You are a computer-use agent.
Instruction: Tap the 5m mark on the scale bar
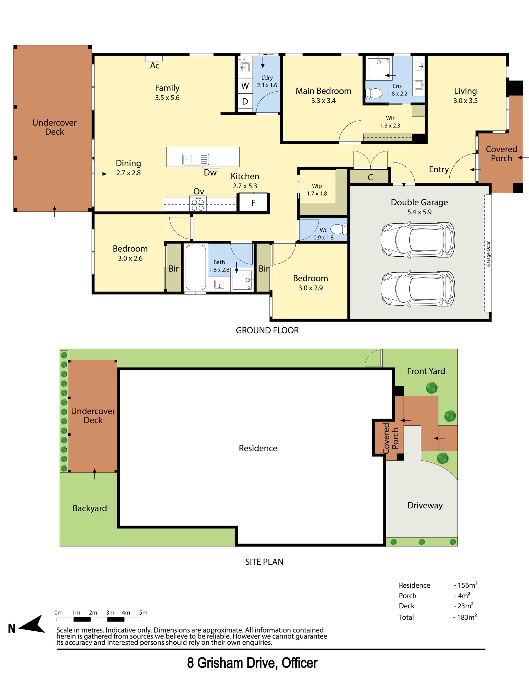point(141,619)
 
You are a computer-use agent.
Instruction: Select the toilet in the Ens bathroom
point(374,93)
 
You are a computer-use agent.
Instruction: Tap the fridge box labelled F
point(253,203)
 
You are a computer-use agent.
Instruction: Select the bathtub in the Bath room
point(196,267)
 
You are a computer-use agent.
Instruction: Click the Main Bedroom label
point(323,91)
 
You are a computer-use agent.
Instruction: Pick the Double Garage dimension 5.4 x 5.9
point(419,212)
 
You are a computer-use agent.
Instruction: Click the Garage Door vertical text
point(488,254)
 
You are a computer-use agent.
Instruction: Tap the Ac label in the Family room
point(155,66)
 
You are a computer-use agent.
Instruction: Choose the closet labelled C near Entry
point(370,177)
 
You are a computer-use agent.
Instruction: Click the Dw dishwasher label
point(210,173)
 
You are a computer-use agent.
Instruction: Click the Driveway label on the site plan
point(425,506)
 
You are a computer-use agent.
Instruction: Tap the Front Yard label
point(426,371)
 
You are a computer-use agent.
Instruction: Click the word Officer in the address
point(299,663)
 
